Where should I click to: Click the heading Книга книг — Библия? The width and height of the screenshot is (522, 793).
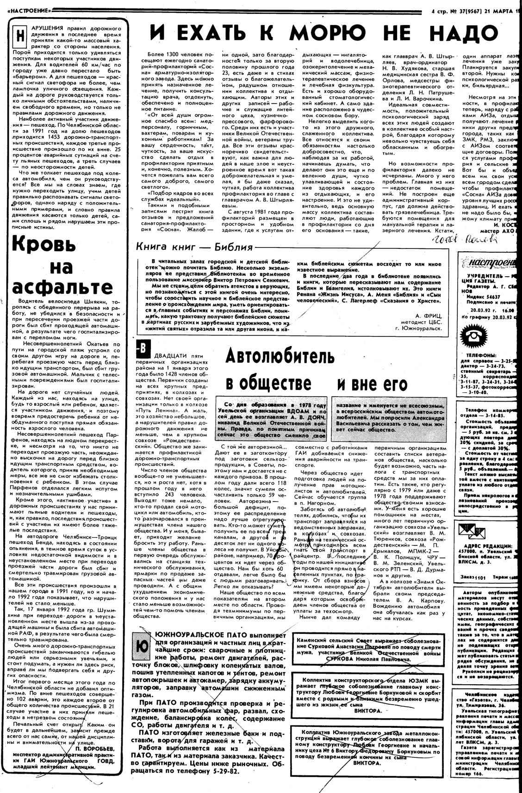point(194,247)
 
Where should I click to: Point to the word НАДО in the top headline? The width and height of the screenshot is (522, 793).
point(462,34)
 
